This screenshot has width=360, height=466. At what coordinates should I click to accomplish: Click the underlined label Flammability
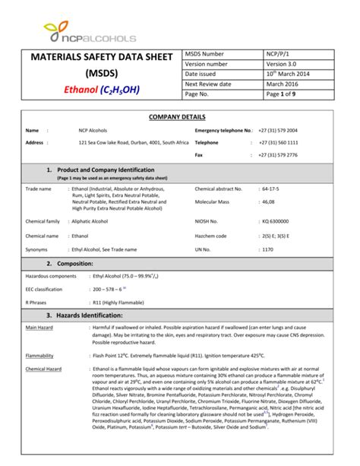pos(39,356)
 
